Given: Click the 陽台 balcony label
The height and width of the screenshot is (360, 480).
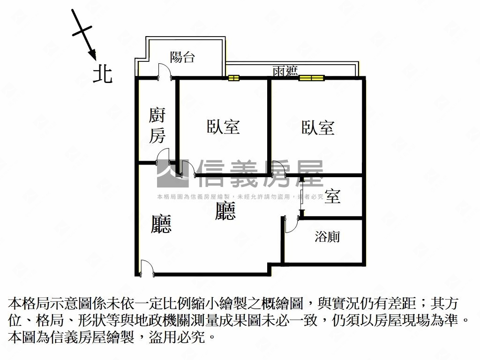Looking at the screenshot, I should (182, 58).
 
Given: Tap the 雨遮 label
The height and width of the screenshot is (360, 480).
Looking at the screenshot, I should (285, 71).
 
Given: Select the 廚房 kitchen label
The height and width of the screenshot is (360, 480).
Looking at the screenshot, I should (157, 125).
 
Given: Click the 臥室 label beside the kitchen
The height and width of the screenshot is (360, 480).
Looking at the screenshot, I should (223, 127).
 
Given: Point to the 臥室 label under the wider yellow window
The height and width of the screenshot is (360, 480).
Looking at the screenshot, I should (317, 127).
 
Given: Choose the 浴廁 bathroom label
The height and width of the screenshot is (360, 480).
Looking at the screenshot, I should (327, 237).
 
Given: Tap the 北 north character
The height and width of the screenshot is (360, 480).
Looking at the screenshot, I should (102, 74).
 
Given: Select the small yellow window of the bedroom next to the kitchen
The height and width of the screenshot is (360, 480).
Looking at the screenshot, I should (234, 78).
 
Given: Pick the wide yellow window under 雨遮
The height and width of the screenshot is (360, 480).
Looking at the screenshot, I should (312, 78).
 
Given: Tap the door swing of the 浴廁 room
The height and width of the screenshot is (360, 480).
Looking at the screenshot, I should (290, 224).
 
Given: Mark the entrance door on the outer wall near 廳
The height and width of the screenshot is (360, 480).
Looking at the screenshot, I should (145, 268).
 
